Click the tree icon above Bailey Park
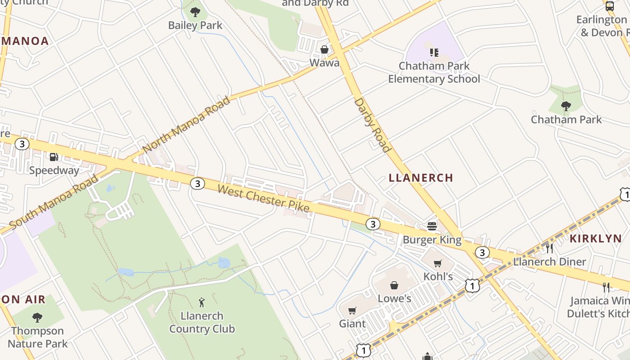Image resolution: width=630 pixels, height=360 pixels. tap(195, 12)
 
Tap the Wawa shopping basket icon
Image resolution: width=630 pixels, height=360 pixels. tap(324, 49)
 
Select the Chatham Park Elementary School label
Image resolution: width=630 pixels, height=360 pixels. tap(434, 72)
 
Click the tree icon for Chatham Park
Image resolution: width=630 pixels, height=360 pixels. tap(566, 106)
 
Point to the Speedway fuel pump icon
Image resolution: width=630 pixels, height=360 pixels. tap(54, 157)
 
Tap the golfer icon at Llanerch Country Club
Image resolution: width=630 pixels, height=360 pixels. tap(202, 302)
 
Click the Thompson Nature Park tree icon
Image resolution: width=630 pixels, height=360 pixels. tap(37, 318)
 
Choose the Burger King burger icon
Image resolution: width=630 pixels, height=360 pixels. tap(432, 226)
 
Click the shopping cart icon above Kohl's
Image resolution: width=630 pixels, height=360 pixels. tap(438, 263)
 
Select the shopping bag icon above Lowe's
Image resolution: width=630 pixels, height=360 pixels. tap(394, 285)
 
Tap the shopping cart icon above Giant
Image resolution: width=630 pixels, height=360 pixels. tap(352, 310)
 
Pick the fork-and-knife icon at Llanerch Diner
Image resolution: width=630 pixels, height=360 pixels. tap(549, 248)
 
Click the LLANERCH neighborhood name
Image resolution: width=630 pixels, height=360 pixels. tap(421, 178)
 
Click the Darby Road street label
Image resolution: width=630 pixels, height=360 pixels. tap(373, 125)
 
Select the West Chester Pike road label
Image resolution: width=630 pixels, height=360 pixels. tap(264, 198)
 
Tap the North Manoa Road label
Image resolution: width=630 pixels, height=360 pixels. tap(186, 124)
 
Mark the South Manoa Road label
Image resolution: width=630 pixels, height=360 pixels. tap(54, 201)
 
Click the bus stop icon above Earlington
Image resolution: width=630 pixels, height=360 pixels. tap(610, 6)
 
